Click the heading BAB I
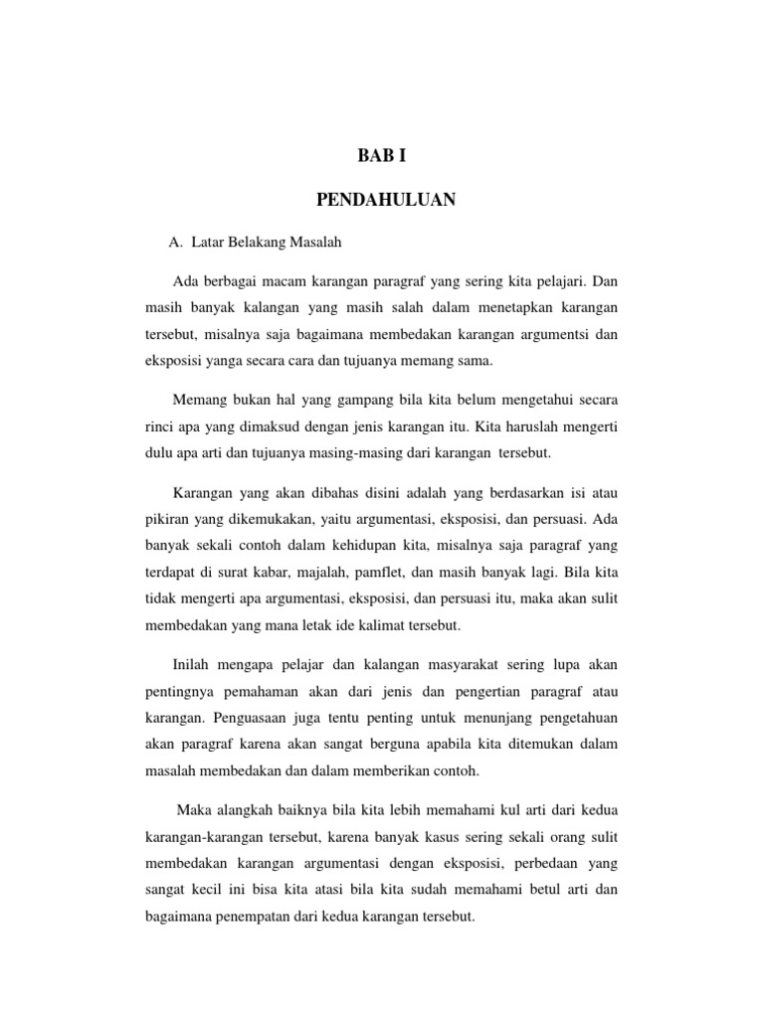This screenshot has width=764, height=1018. (x=383, y=156)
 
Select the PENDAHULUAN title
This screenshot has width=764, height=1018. (x=386, y=200)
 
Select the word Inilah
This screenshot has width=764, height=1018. (x=193, y=663)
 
